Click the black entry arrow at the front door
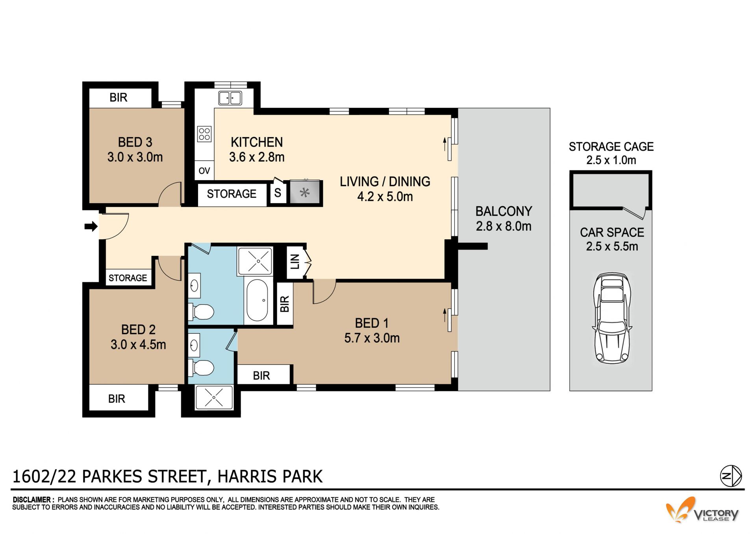[91, 226]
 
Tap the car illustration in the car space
[612, 318]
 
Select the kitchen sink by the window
[230, 98]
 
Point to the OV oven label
[204, 171]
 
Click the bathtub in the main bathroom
[257, 301]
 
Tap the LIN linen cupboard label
[295, 261]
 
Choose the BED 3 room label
[135, 142]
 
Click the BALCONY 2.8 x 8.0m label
[504, 219]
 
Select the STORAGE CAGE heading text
[611, 147]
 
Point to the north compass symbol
[731, 476]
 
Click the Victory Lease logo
[702, 510]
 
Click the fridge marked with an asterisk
[305, 192]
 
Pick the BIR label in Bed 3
[119, 98]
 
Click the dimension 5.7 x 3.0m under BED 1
[372, 338]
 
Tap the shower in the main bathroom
[255, 261]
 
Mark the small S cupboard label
[278, 193]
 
